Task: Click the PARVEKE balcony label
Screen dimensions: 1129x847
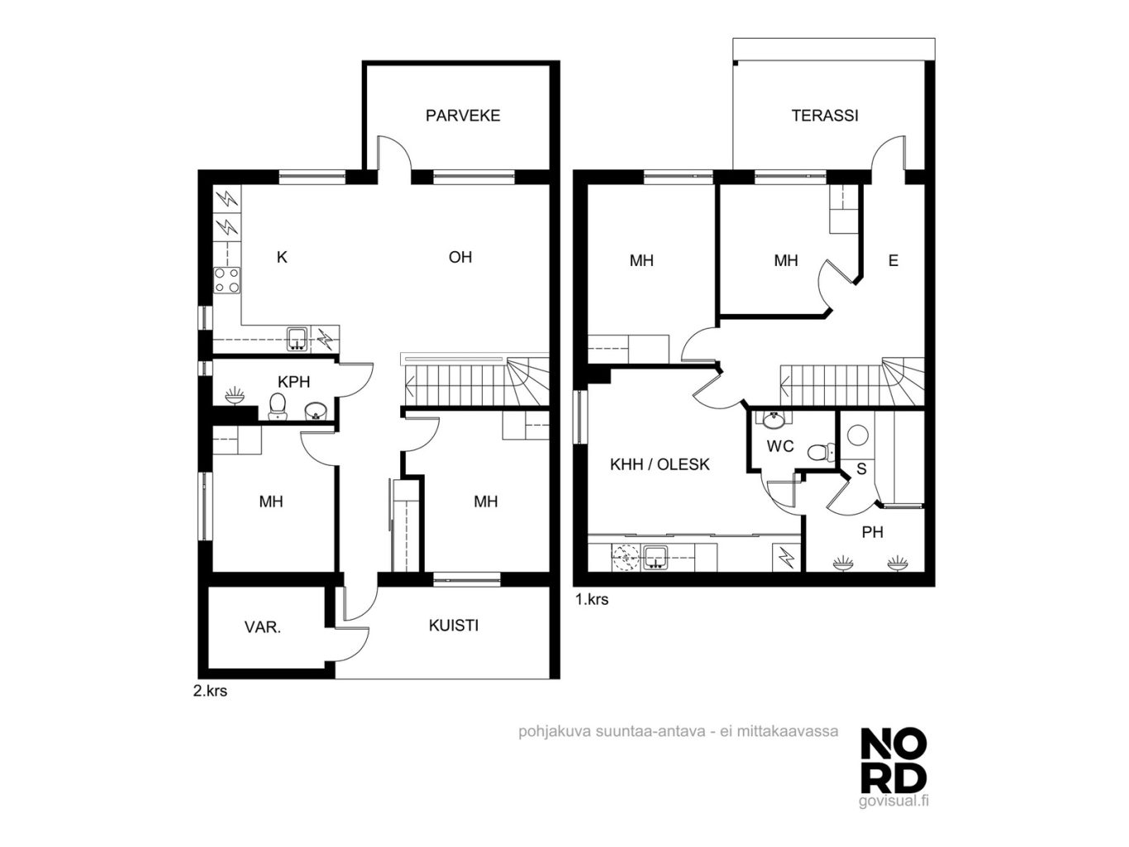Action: [462, 115]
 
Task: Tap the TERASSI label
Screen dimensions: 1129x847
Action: [825, 115]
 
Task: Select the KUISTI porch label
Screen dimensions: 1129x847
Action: [453, 626]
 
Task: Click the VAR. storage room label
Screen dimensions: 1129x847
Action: [262, 627]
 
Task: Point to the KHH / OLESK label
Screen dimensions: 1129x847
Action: [660, 464]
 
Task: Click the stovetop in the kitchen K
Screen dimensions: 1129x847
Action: [226, 280]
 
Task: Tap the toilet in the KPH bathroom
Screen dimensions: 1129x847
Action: [277, 407]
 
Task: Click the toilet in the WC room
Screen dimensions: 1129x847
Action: [821, 452]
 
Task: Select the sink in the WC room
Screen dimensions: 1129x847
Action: [773, 420]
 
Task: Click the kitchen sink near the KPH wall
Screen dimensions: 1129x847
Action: [298, 339]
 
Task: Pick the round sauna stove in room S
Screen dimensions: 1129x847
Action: [857, 435]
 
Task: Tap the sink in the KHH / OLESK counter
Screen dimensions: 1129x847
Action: [655, 558]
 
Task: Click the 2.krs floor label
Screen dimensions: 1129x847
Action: [210, 691]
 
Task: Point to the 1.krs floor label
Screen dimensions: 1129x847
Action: [592, 599]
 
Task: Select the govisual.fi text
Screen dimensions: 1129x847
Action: [893, 802]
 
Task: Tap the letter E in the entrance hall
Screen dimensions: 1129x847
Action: [893, 260]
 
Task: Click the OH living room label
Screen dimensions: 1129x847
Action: [460, 257]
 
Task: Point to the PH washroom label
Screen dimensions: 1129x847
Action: [872, 532]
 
